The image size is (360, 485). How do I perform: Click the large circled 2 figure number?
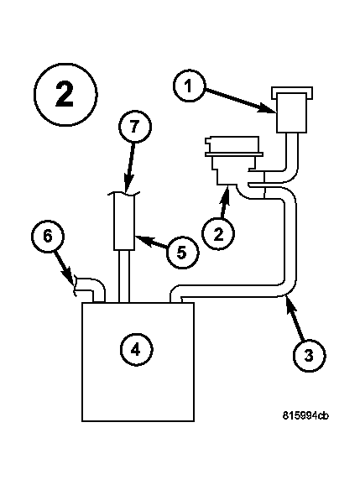(65, 94)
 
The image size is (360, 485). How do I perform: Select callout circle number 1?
(189, 86)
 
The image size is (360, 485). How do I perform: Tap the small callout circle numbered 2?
(218, 234)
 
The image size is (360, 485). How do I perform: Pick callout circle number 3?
(309, 355)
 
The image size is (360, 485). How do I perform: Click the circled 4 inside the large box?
(136, 350)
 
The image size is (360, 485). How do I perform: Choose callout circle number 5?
(182, 253)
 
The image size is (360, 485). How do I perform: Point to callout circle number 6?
(48, 236)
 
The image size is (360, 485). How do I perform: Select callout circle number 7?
(135, 127)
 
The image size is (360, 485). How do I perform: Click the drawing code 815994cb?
(305, 415)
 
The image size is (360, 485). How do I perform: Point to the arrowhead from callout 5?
(142, 239)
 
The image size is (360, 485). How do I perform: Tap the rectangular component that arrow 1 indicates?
(292, 113)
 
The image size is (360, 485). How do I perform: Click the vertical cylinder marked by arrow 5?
(124, 222)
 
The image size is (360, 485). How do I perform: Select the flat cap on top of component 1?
(291, 93)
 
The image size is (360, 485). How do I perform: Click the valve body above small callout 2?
(234, 160)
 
